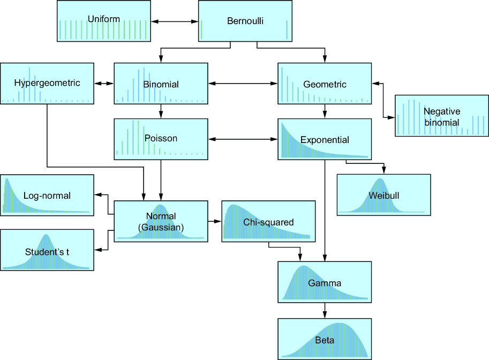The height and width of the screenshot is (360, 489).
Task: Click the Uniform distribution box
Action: pos(104,21)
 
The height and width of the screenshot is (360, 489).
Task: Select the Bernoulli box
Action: pos(245,21)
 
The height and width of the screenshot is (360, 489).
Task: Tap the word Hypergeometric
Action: pos(47,83)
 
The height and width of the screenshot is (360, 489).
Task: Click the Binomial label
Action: pos(161,84)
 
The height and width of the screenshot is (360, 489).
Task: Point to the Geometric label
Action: pos(325,84)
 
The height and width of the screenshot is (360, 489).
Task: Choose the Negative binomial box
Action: pos(441,116)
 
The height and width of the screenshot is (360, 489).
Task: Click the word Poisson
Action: pos(161,138)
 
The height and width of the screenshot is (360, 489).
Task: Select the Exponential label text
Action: pos(325,140)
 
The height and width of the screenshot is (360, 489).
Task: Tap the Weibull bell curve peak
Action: pos(380,179)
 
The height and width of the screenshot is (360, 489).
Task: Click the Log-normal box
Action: pos(47,196)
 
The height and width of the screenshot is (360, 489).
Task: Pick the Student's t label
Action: pos(47,252)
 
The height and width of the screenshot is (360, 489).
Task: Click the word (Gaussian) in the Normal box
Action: pos(161,228)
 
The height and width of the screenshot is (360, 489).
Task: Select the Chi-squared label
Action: pos(268,222)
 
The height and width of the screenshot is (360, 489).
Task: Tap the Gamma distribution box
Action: pos(325,282)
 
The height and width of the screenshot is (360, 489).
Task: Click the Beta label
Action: pos(325,340)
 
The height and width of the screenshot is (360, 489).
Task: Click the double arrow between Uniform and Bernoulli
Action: pos(175,21)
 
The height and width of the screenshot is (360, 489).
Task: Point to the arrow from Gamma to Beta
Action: pos(325,310)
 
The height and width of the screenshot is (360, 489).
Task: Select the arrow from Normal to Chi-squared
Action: pos(215,221)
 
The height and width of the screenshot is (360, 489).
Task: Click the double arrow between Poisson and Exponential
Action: pos(243,139)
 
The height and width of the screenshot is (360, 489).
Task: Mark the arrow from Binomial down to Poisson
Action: pos(161,111)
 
